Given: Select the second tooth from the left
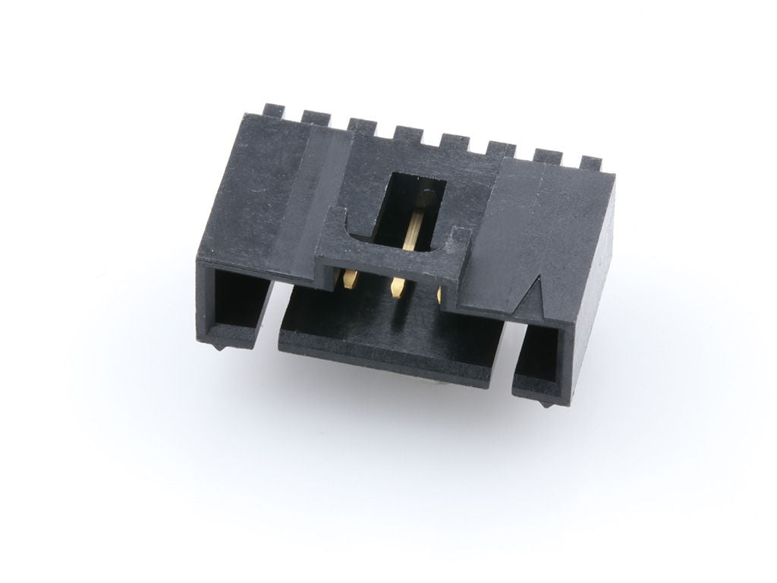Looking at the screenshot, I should tap(316, 118).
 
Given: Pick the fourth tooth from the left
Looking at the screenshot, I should tap(408, 134).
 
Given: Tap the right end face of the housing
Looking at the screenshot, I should tap(592, 288).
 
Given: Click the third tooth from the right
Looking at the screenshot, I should tap(501, 150).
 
